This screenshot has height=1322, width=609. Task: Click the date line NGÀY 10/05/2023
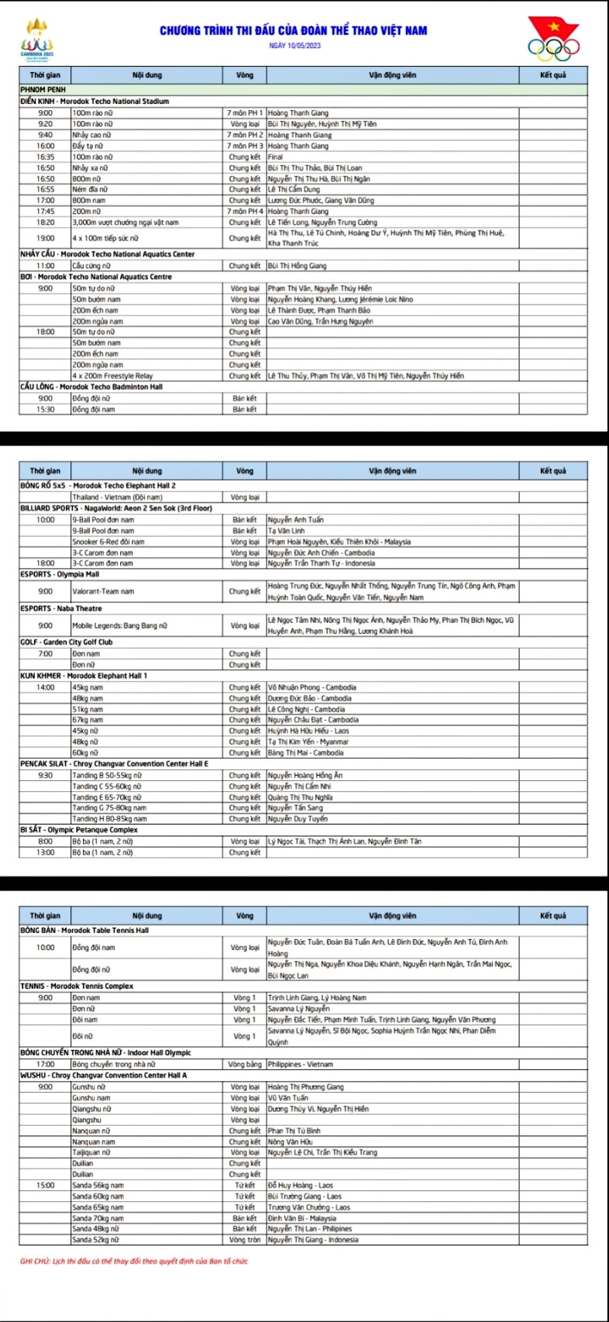click(x=294, y=46)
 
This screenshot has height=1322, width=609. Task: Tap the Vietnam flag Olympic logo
click(x=553, y=39)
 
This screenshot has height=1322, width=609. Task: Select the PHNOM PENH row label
click(x=43, y=90)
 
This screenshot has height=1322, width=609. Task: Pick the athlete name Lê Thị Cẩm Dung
click(x=294, y=189)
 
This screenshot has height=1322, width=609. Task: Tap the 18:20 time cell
click(x=45, y=222)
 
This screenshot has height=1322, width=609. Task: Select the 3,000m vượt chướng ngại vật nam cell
click(x=126, y=222)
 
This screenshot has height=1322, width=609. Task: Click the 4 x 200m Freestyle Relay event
click(x=112, y=376)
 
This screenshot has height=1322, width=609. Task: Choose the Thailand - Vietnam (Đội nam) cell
click(x=117, y=497)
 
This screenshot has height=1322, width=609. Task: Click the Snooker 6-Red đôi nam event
click(x=108, y=542)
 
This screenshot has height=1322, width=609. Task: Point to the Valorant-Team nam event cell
click(x=103, y=591)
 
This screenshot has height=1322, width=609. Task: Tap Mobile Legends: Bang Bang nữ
click(x=116, y=625)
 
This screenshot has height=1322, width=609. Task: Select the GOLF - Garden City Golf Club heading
click(x=66, y=642)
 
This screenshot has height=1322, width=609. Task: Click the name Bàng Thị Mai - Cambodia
click(x=305, y=752)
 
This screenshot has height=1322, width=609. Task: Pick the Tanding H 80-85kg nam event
click(x=109, y=819)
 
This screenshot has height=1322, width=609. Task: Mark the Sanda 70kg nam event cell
click(x=98, y=1218)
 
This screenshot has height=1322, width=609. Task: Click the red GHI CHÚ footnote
click(x=134, y=1261)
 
